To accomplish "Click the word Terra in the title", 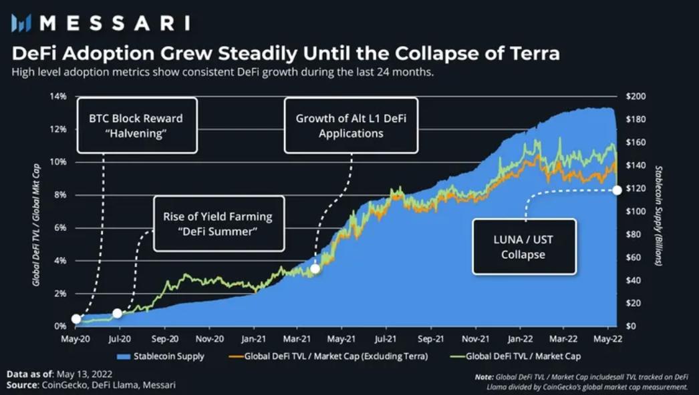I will point(525,53).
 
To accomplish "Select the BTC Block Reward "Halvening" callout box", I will point(136,125).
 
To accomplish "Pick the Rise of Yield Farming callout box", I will point(218,224).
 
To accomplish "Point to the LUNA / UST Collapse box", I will point(525,246).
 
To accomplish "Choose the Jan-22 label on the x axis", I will point(519,339).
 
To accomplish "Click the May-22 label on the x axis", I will point(607,339).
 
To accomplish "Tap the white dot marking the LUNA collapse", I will point(617,190).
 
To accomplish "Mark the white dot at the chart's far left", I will point(76,319).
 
